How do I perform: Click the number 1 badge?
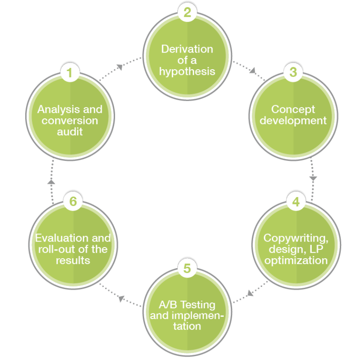click(70, 72)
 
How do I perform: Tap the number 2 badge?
click(187, 12)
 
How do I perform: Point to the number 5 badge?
click(187, 269)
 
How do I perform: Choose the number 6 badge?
click(73, 201)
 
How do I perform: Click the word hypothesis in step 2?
click(187, 71)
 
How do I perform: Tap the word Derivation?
click(187, 49)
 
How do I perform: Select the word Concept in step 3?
click(293, 109)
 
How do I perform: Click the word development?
click(293, 120)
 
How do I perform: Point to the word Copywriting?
click(295, 238)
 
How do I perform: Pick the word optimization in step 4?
click(296, 260)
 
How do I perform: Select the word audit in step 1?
click(70, 131)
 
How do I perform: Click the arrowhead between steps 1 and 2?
click(120, 66)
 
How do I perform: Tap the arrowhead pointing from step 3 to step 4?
click(313, 177)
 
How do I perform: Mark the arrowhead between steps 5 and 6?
click(121, 298)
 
